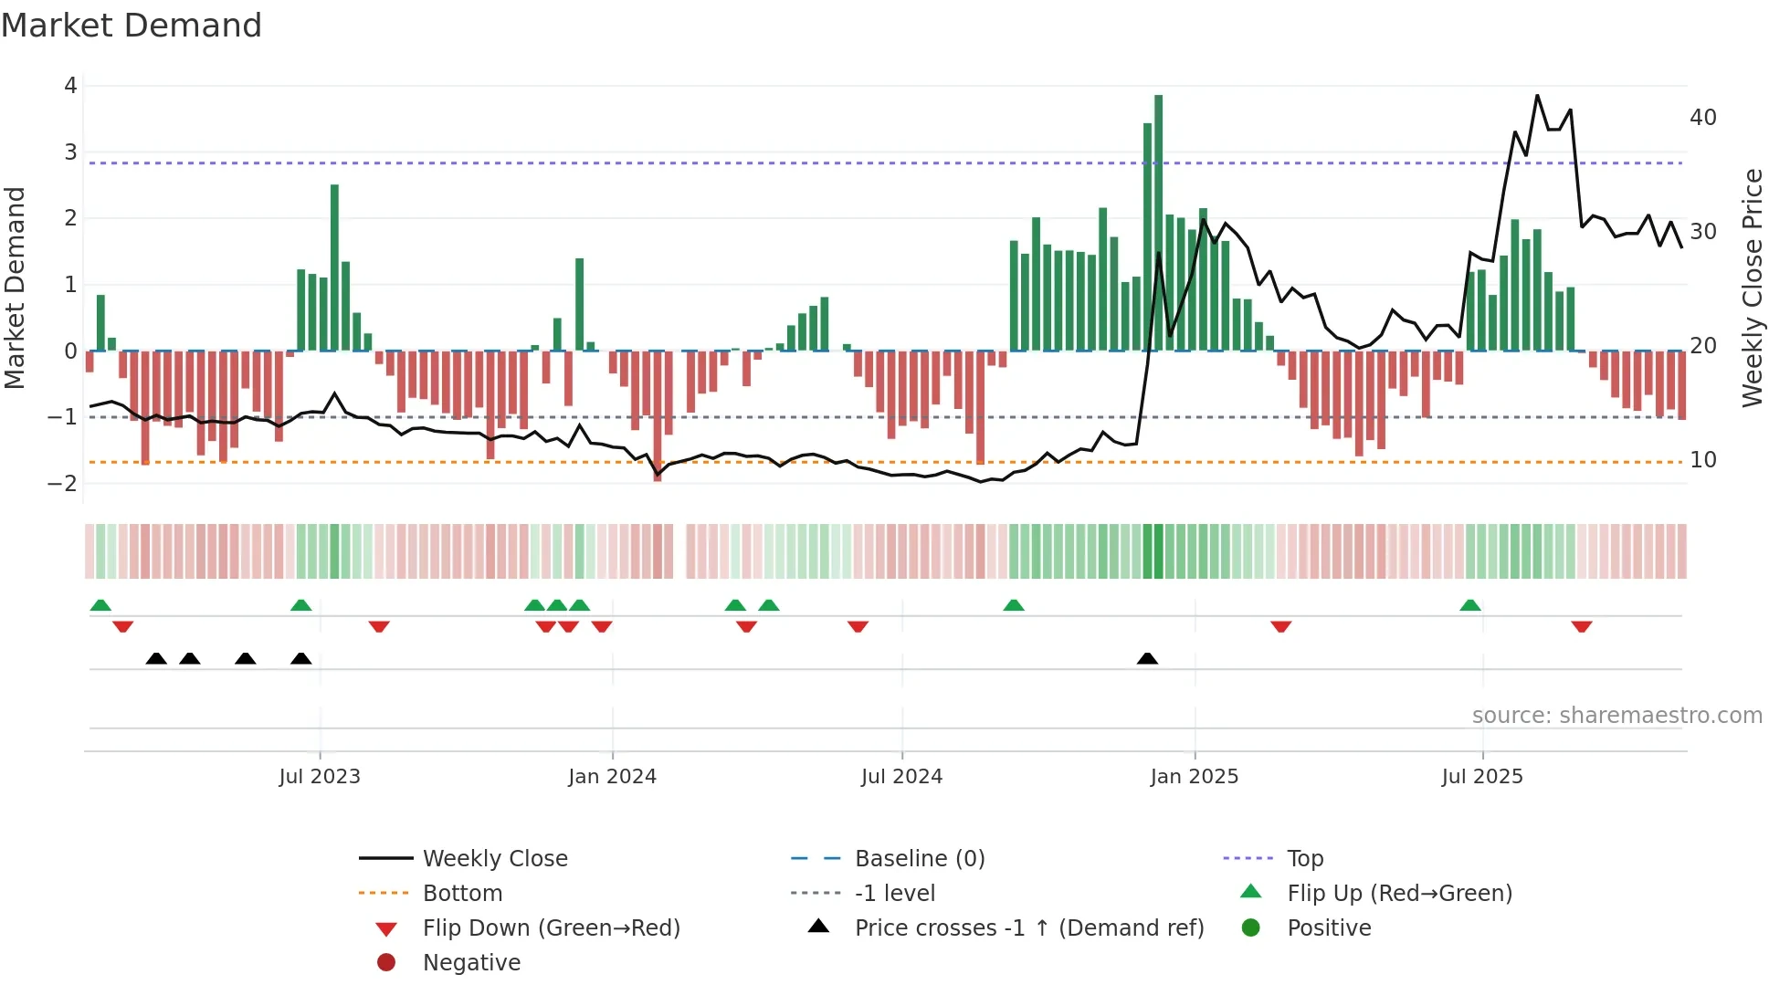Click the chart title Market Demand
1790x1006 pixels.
pyautogui.click(x=132, y=26)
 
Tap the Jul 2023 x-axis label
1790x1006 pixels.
pyautogui.click(x=320, y=777)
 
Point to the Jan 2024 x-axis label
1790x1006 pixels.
pyautogui.click(x=612, y=777)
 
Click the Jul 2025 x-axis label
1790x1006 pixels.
pyautogui.click(x=1482, y=777)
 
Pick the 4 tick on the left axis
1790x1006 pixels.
pyautogui.click(x=70, y=86)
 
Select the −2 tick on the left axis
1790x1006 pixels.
pyautogui.click(x=63, y=483)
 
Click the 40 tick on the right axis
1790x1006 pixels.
pyautogui.click(x=1702, y=118)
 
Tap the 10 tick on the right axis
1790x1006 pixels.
pyautogui.click(x=1702, y=460)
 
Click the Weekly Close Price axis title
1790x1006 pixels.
pyautogui.click(x=1752, y=288)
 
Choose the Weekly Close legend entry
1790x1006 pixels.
pyautogui.click(x=494, y=859)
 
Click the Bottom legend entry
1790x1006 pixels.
pyautogui.click(x=462, y=894)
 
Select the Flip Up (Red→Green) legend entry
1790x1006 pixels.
pyautogui.click(x=1399, y=894)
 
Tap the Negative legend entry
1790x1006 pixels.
pyautogui.click(x=471, y=963)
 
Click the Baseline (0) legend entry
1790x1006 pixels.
pyautogui.click(x=919, y=859)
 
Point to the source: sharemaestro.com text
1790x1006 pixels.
pyautogui.click(x=1616, y=716)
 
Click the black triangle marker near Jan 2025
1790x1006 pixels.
pyautogui.click(x=1147, y=659)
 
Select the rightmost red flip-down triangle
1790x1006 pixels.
pyautogui.click(x=1582, y=626)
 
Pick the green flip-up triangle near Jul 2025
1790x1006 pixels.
pyautogui.click(x=1469, y=605)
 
